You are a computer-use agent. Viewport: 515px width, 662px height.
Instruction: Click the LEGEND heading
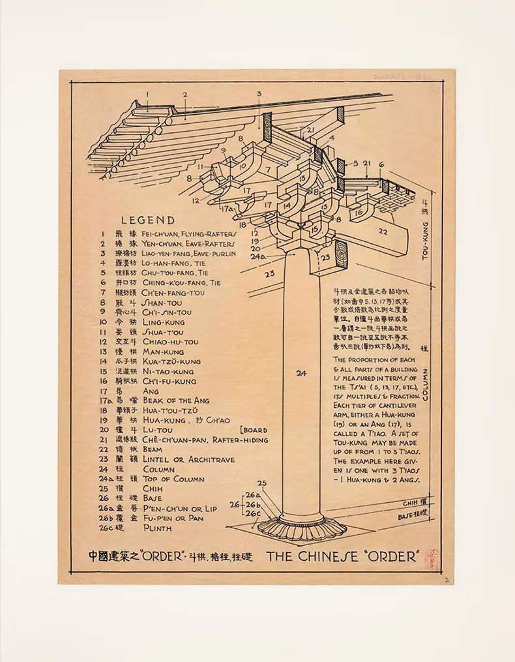pos(147,220)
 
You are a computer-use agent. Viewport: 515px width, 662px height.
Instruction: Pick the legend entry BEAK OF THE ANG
pos(176,400)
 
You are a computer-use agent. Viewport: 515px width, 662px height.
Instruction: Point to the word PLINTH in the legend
pos(157,528)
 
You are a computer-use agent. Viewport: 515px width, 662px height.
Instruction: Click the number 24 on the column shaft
pos(301,373)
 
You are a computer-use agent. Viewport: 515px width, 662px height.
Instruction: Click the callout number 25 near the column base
pos(262,483)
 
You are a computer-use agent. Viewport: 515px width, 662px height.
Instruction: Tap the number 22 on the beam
pos(383,231)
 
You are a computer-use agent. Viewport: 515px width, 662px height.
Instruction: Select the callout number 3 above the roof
pos(259,93)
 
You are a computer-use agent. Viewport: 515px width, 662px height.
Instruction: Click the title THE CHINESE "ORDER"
pos(342,557)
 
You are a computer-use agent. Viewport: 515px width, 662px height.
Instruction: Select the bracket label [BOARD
pos(254,430)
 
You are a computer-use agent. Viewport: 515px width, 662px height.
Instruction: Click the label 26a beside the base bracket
pos(249,495)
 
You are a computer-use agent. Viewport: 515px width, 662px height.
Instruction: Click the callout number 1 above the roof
pos(147,93)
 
